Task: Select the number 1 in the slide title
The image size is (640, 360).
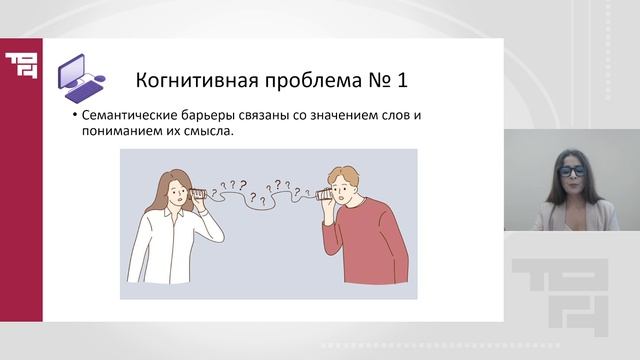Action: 400,79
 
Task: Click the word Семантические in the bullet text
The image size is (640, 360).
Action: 134,117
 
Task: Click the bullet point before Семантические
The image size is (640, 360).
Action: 74,117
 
